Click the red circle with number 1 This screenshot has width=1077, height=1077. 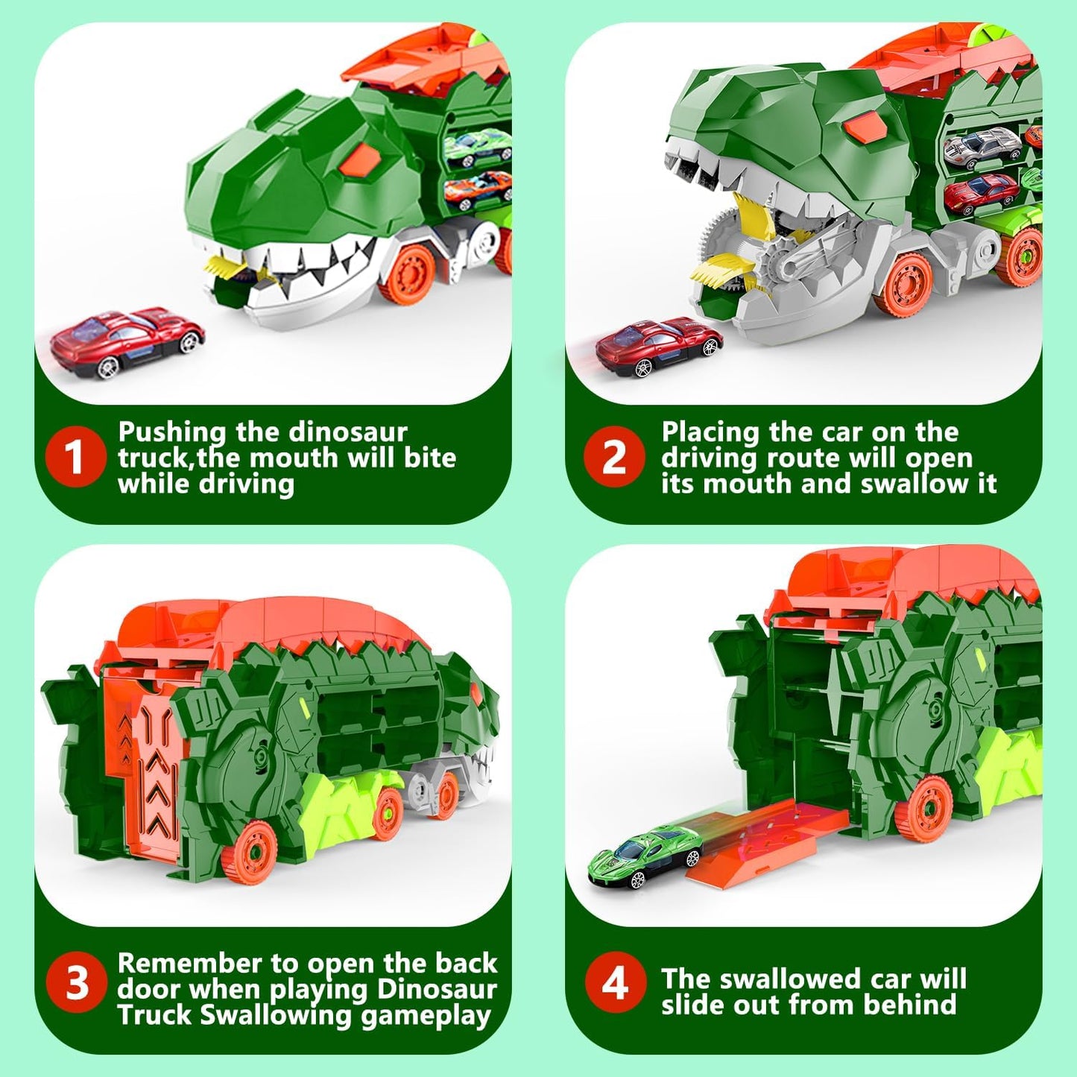click(x=74, y=457)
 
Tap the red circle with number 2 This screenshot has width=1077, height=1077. click(x=613, y=457)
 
